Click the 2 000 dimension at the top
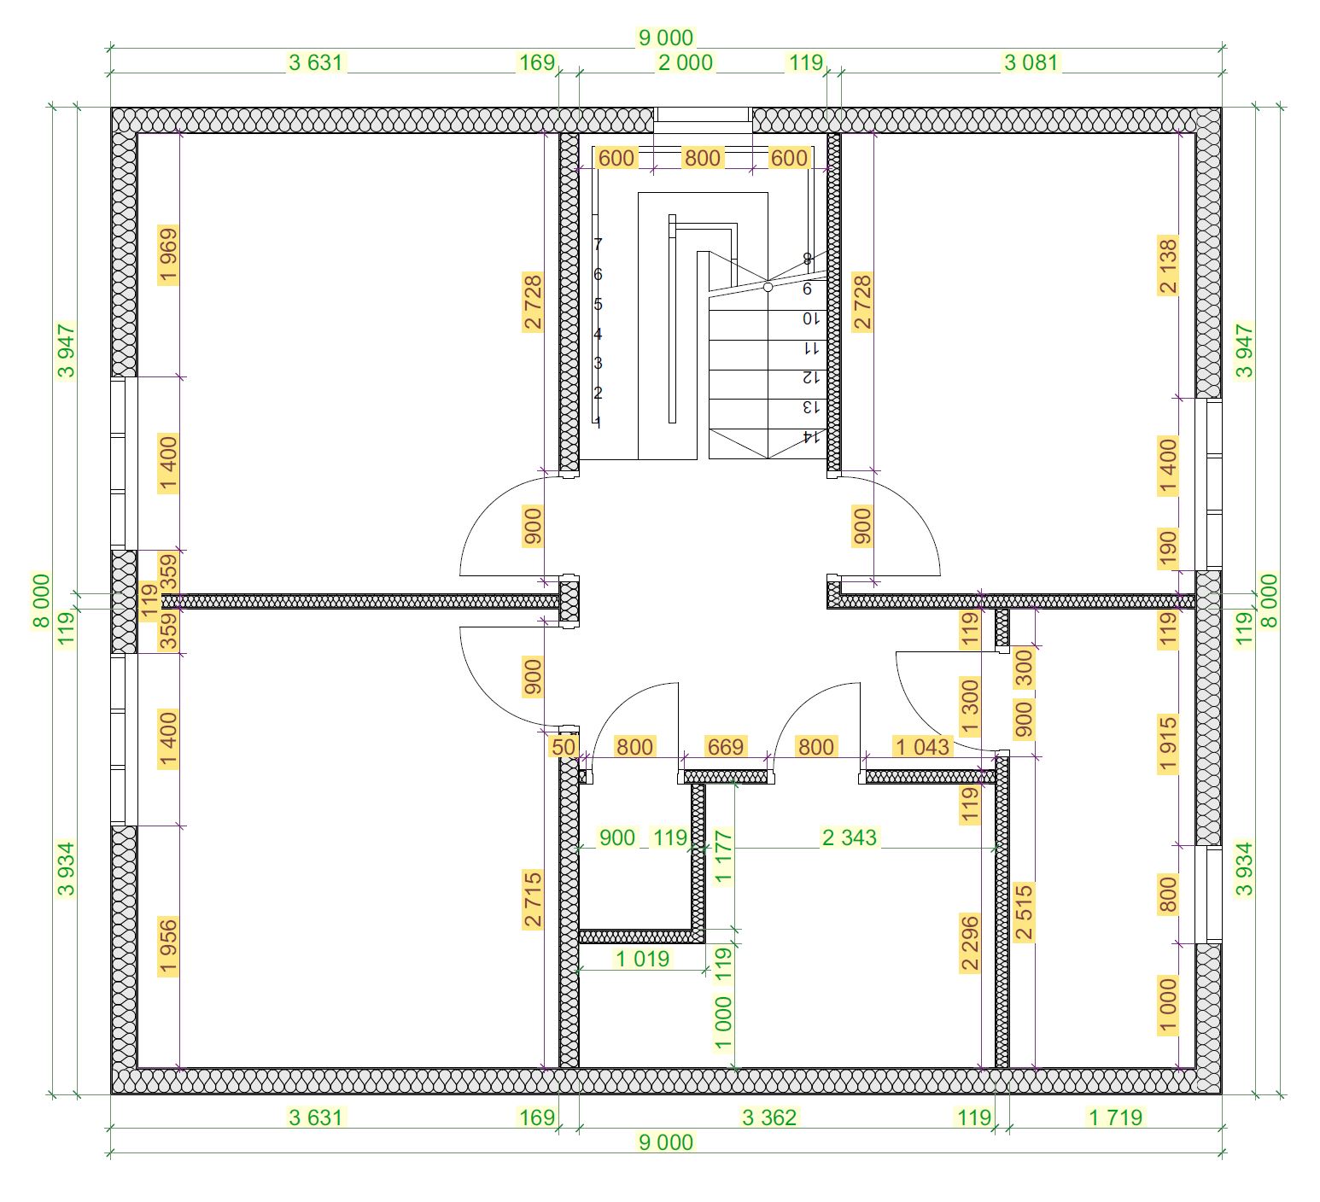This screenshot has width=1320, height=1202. pyautogui.click(x=685, y=62)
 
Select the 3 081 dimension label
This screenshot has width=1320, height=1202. pyautogui.click(x=1031, y=62)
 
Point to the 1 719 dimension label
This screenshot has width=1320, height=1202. pyautogui.click(x=1115, y=1117)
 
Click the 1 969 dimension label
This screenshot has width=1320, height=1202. pyautogui.click(x=168, y=254)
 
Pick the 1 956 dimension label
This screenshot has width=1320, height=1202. pyautogui.click(x=168, y=946)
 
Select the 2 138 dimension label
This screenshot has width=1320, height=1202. pyautogui.click(x=1168, y=265)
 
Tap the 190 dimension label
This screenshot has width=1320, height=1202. pyautogui.click(x=1168, y=548)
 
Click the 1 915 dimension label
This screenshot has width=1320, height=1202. pyautogui.click(x=1168, y=744)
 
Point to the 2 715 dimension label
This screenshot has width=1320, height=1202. pyautogui.click(x=533, y=899)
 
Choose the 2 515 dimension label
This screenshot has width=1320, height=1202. pyautogui.click(x=1024, y=912)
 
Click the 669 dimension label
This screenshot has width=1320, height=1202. pyautogui.click(x=725, y=747)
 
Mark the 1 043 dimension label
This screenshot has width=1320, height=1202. pyautogui.click(x=922, y=747)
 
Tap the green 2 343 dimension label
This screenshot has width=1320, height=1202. pyautogui.click(x=849, y=837)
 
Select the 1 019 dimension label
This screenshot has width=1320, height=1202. pyautogui.click(x=643, y=959)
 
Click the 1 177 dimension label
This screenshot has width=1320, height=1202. pyautogui.click(x=723, y=857)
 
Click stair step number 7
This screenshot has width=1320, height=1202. pyautogui.click(x=598, y=244)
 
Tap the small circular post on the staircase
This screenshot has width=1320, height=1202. pyautogui.click(x=768, y=287)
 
